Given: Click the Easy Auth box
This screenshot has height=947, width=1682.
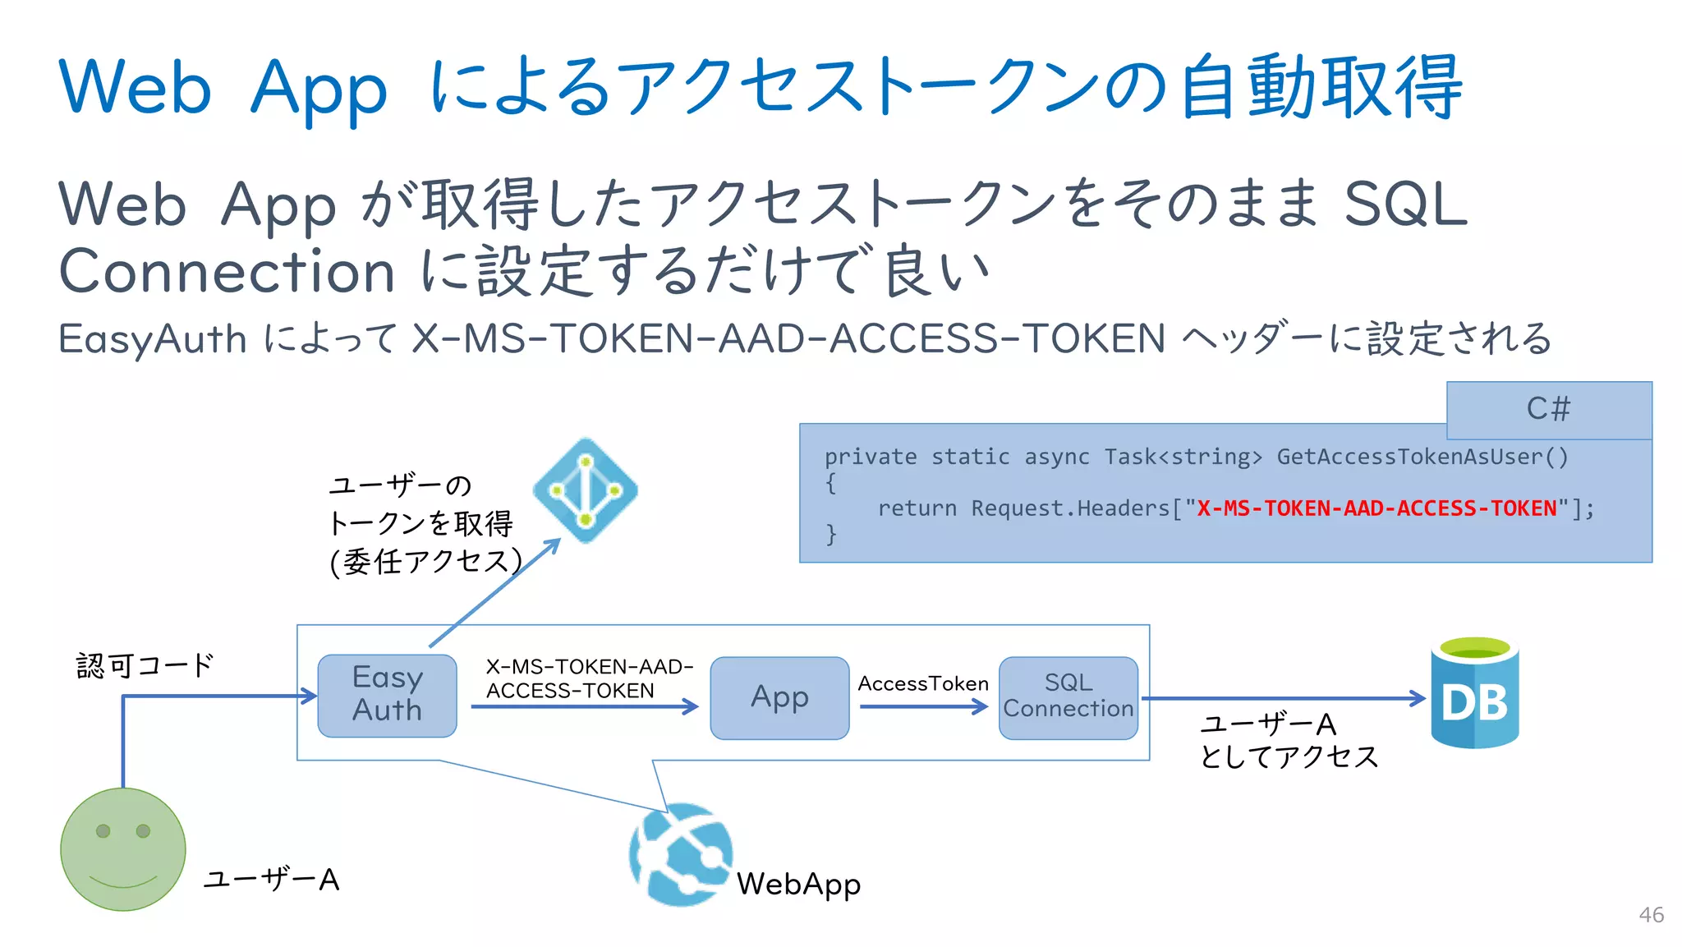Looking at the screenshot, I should (387, 696).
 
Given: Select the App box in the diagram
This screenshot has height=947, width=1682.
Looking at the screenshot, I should (779, 698).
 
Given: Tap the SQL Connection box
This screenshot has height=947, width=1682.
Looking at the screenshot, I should (1068, 697).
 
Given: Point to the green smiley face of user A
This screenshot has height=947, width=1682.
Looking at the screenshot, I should (123, 849).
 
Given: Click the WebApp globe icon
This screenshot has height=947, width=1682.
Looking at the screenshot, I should (681, 855).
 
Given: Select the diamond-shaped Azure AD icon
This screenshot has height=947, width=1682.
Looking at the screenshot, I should (586, 490).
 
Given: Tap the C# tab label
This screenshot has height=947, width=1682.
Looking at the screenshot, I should (1548, 409).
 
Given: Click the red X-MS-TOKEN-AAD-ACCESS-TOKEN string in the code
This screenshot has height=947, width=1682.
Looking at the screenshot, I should (1376, 508).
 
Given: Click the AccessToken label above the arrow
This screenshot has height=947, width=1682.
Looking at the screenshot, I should (923, 683).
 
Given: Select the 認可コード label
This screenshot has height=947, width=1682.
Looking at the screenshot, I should (145, 665).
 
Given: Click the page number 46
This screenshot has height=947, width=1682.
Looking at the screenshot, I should (1651, 915).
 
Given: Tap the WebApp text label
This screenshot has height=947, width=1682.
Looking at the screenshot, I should (798, 885).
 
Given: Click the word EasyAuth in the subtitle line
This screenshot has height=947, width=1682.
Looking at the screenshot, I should (153, 338).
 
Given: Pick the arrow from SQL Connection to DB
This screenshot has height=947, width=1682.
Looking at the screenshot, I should (1281, 698).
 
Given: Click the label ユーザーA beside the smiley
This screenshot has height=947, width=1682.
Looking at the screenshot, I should (271, 880).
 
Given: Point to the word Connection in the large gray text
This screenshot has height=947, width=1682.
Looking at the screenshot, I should (227, 271).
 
